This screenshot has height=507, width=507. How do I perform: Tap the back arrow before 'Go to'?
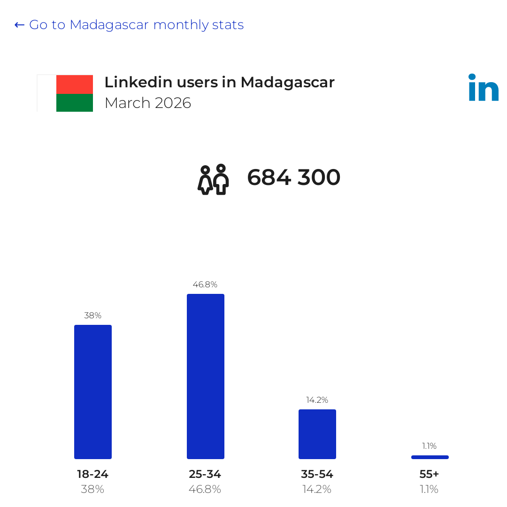[x=19, y=25]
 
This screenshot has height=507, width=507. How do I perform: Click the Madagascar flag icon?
[x=65, y=93]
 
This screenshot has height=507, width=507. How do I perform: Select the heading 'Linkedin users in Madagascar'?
[x=219, y=82]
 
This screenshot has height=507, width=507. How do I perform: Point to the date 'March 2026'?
[x=148, y=103]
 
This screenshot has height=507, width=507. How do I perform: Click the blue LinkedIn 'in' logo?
[x=484, y=87]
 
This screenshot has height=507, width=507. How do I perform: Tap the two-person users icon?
[x=214, y=179]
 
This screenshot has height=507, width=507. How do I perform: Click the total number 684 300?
[x=293, y=177]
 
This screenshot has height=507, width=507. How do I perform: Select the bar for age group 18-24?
[x=93, y=392]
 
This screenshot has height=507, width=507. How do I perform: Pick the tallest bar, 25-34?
[x=206, y=376]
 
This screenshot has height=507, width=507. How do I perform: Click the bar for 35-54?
[x=317, y=434]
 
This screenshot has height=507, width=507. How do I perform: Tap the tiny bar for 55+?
[x=430, y=457]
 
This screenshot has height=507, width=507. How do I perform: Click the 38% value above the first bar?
[x=93, y=315]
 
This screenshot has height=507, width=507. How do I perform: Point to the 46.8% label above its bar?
[x=205, y=284]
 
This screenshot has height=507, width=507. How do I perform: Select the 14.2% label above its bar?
[x=317, y=400]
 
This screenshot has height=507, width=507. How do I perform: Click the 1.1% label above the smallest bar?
[x=430, y=446]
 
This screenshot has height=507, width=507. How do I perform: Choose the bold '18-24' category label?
[x=93, y=474]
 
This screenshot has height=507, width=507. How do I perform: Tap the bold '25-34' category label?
[x=205, y=474]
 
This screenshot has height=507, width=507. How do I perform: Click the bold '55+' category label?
[x=429, y=474]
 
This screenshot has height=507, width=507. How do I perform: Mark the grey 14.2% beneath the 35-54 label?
[x=317, y=489]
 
